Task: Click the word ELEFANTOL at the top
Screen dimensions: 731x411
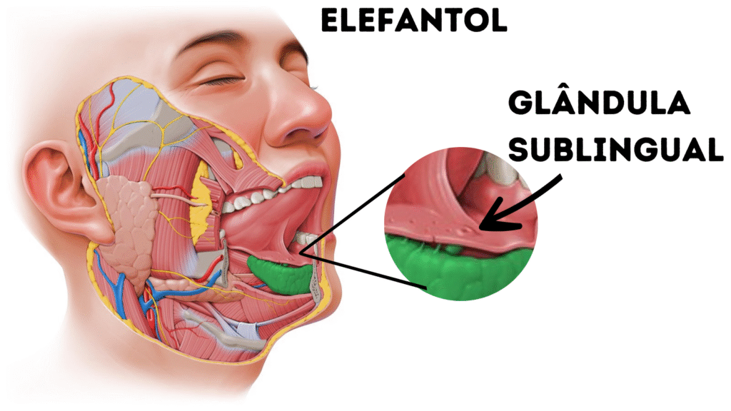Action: pyautogui.click(x=414, y=21)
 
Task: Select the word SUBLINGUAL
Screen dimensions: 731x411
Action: pyautogui.click(x=616, y=148)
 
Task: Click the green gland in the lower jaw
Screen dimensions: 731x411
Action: pyautogui.click(x=280, y=275)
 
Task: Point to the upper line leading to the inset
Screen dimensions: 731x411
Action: pyautogui.click(x=352, y=214)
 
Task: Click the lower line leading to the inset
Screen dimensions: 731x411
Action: pyautogui.click(x=364, y=270)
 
